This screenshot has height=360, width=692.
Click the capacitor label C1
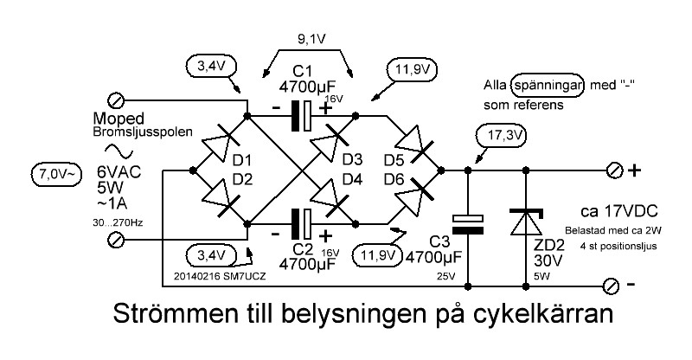303,71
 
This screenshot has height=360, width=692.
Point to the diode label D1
241,161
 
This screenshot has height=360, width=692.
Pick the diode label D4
351,180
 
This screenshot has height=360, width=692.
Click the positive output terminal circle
614,169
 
